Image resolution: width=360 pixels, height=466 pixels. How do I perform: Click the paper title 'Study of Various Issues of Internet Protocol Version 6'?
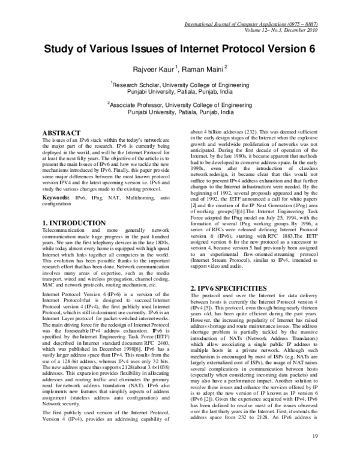pyautogui.click(x=179, y=48)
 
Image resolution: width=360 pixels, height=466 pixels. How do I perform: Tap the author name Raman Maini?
pyautogui.click(x=201, y=68)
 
